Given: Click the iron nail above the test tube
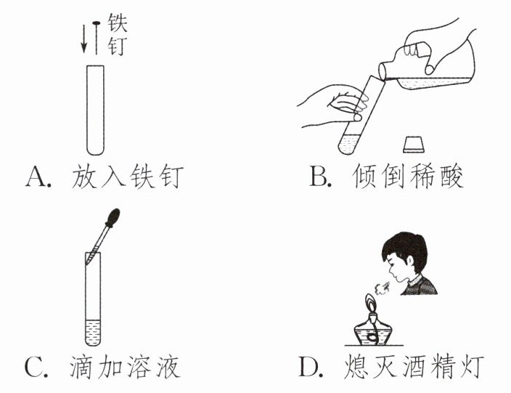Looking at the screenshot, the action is (96, 38).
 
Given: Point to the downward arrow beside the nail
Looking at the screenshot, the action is (84, 39).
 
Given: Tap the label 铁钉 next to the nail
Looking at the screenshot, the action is (118, 35).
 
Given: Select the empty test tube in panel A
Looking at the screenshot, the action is (95, 110).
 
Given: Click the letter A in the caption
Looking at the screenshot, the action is (37, 177).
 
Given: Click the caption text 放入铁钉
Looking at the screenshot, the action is (128, 177).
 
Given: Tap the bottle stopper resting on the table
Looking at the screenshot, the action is (414, 145).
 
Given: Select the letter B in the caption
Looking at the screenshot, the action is (319, 177).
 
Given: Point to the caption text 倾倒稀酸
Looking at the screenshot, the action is (408, 177).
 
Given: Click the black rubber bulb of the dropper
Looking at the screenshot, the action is (113, 218).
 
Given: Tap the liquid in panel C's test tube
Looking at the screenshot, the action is (93, 332).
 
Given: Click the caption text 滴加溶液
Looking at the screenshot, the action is (125, 368).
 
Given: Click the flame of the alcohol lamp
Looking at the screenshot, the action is (371, 303).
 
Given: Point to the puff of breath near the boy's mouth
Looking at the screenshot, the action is (382, 286).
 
